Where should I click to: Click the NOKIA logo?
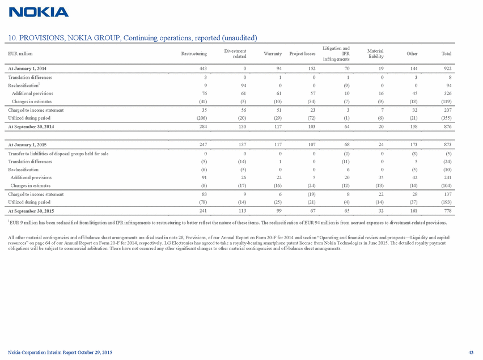pyautogui.click(x=39, y=12)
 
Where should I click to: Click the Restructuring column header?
pyautogui.click(x=194, y=54)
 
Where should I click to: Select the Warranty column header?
pyautogui.click(x=273, y=54)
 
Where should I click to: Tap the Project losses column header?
pyautogui.click(x=302, y=54)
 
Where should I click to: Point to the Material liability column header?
pyautogui.click(x=375, y=54)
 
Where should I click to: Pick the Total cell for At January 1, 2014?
pyautogui.click(x=446, y=68)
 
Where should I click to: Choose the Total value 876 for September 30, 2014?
pyautogui.click(x=446, y=126)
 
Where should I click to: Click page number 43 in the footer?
pyautogui.click(x=473, y=353)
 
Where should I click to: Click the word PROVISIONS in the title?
pyautogui.click(x=42, y=38)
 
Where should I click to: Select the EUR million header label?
pyautogui.click(x=20, y=54)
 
